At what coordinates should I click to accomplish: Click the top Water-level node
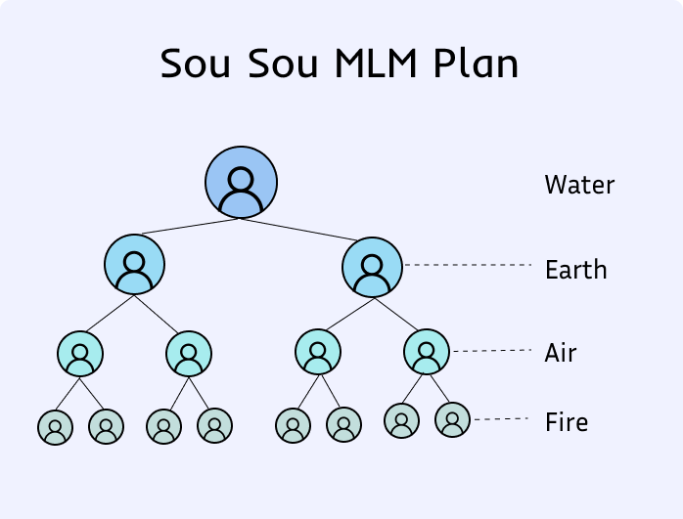point(241,183)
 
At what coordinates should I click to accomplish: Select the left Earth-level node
point(134,264)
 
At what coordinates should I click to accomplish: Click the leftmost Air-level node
point(80,353)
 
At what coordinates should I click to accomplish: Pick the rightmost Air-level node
point(426,351)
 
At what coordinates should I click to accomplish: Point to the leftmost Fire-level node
point(56,427)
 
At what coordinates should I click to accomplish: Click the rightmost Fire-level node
point(452,420)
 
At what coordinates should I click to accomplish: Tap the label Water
point(579,184)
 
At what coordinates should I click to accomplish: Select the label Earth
point(575,270)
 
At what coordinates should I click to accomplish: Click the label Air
point(561,353)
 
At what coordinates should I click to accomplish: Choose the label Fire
point(567,423)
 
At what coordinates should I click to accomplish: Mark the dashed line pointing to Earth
point(467,265)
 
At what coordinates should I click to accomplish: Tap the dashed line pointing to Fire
point(502,419)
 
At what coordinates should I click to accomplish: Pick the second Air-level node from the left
point(189,353)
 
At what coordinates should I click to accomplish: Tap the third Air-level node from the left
point(317,353)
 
